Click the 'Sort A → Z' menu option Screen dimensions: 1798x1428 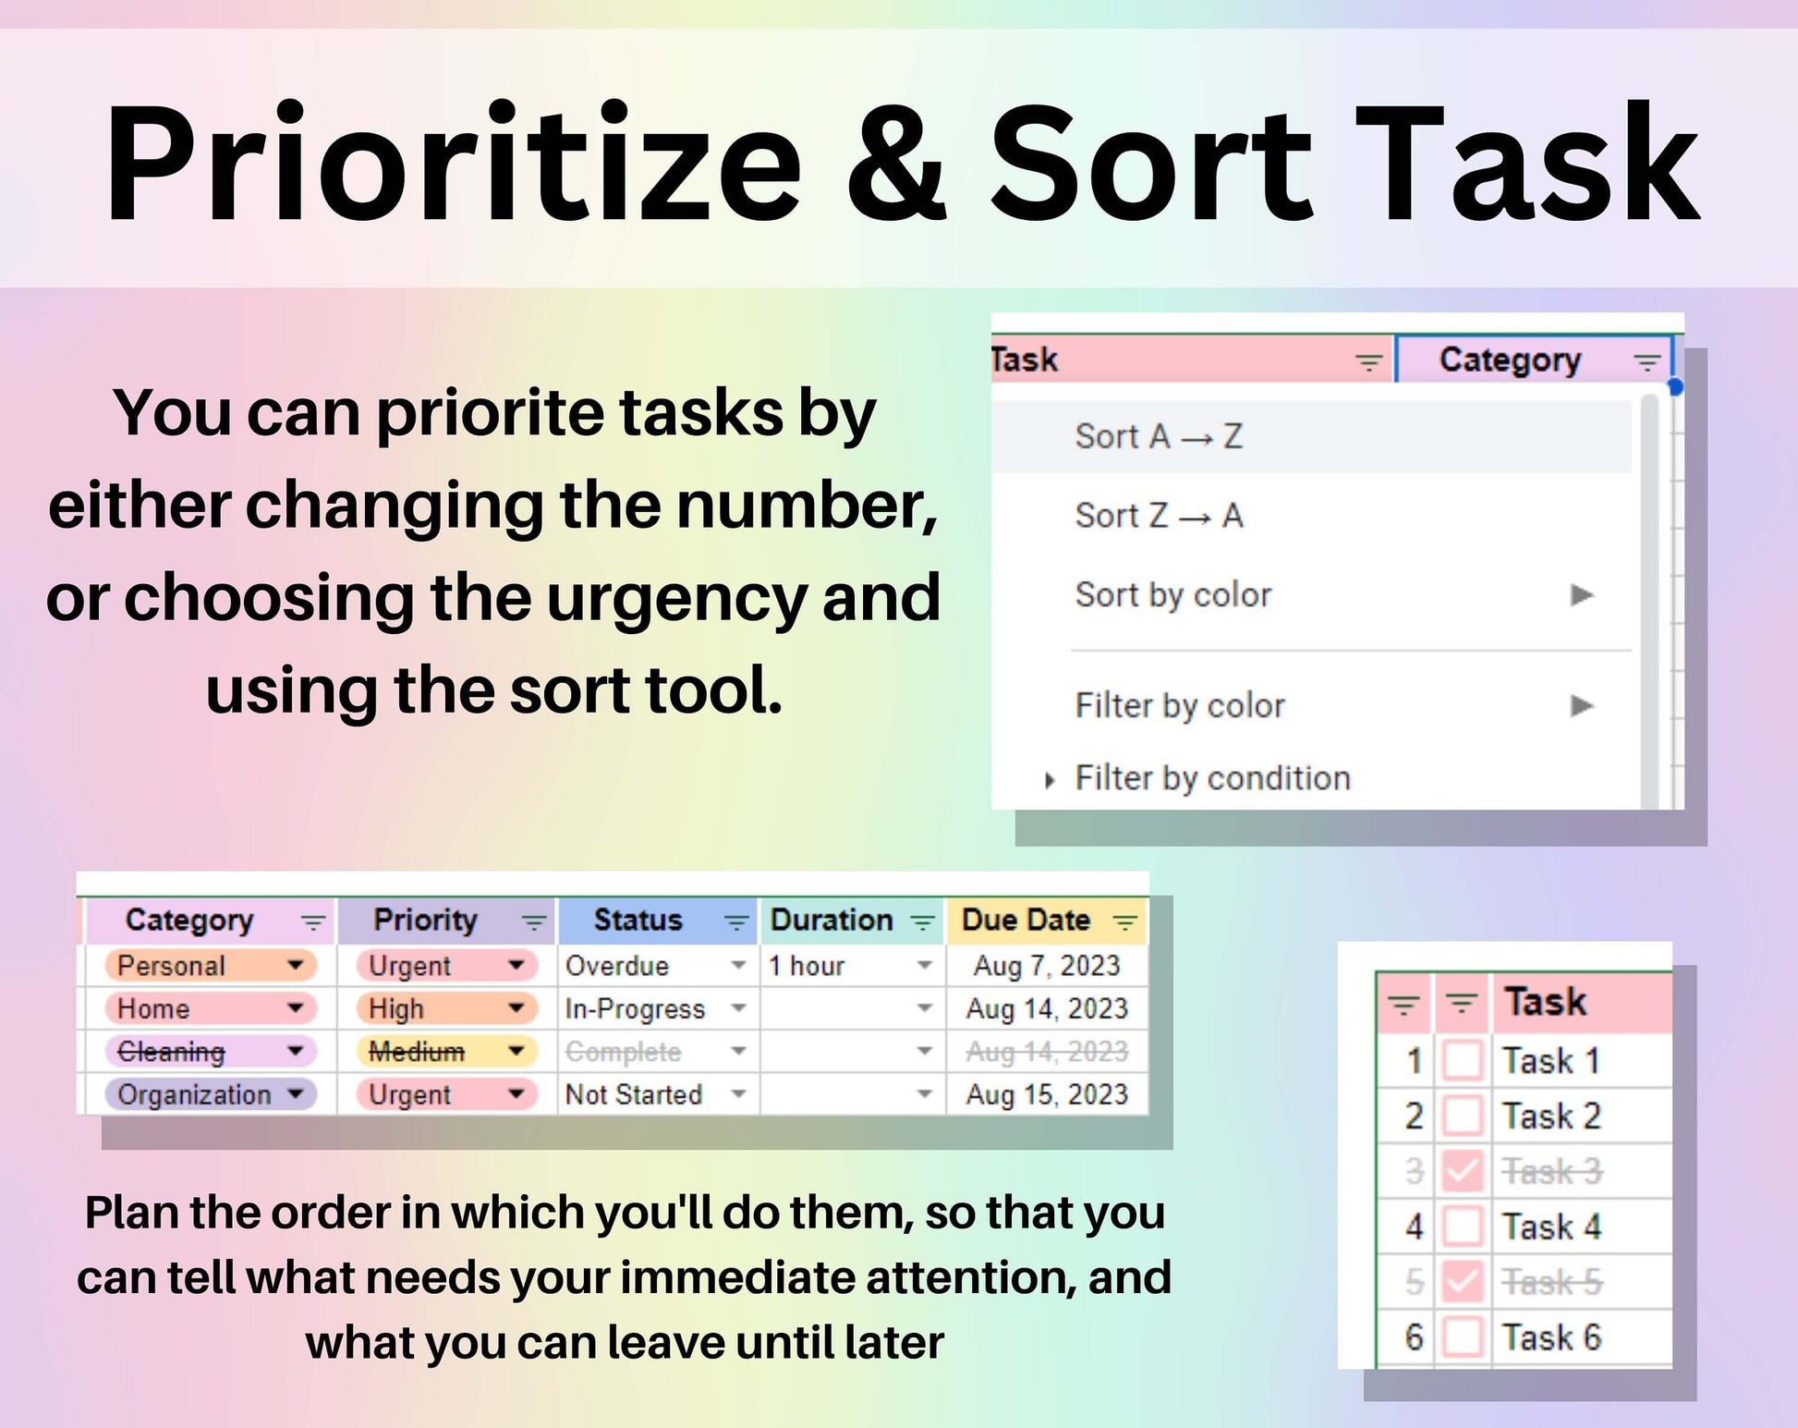click(x=1159, y=436)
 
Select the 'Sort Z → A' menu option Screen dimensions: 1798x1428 click(x=1159, y=516)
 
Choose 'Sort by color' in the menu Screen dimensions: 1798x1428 click(x=1173, y=595)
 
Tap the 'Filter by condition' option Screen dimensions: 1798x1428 click(x=1212, y=778)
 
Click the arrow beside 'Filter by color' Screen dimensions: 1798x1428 click(x=1582, y=706)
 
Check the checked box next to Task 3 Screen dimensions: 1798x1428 click(x=1463, y=1171)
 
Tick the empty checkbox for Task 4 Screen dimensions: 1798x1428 click(x=1463, y=1227)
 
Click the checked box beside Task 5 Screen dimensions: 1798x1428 click(x=1463, y=1282)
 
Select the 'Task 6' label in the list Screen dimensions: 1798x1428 click(x=1551, y=1337)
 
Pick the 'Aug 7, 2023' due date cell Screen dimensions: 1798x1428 click(x=1046, y=966)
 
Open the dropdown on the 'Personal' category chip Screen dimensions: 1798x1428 click(x=296, y=965)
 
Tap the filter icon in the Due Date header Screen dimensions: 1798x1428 click(x=1124, y=921)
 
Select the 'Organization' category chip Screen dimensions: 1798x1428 click(x=211, y=1094)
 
